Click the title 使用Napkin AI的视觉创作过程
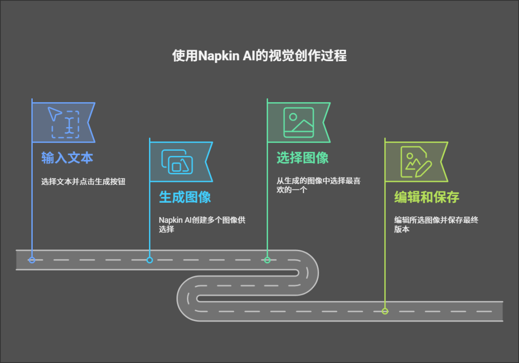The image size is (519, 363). tap(259, 56)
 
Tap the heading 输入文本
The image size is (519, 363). tap(67, 158)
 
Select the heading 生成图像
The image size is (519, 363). tap(185, 197)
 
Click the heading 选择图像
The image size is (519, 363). tap(302, 158)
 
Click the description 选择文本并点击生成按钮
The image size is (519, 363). tap(83, 181)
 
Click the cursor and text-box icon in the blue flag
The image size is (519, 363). tap(63, 122)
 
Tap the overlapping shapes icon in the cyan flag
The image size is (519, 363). tap(177, 161)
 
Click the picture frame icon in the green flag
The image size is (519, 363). tap(298, 122)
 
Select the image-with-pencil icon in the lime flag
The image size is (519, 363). tap(416, 161)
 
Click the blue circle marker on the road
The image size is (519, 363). tap(32, 260)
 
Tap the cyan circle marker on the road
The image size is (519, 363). tap(149, 260)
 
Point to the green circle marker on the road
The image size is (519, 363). tap(267, 260)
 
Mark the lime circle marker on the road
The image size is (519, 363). tap(385, 311)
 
